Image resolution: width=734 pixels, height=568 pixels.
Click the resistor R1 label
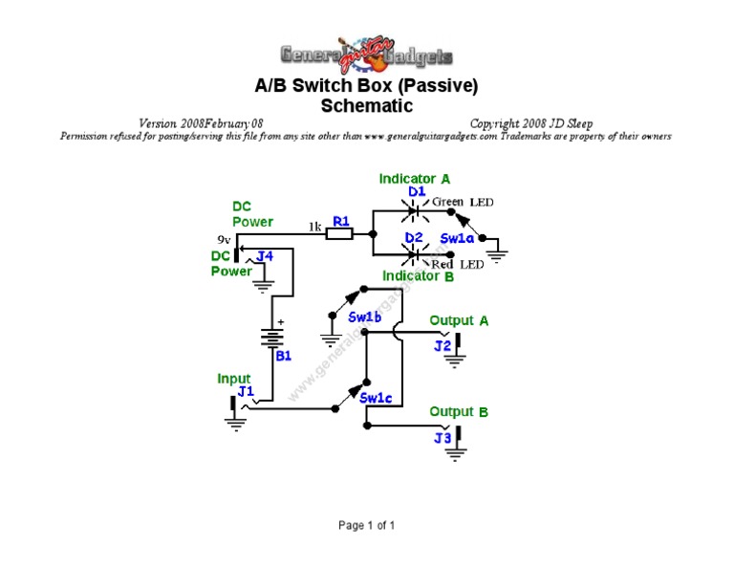coord(340,221)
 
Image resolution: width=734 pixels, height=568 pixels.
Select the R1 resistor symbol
coord(340,233)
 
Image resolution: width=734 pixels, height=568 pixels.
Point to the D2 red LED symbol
coord(415,254)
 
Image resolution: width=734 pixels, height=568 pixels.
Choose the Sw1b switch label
coord(365,317)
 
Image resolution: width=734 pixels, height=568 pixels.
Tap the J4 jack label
coord(265,255)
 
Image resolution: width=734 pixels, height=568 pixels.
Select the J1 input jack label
coord(246,391)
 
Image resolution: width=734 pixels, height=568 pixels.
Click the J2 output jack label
coord(443,345)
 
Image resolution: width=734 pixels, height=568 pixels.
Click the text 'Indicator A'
coord(415,179)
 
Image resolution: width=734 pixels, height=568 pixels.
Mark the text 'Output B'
coord(459,412)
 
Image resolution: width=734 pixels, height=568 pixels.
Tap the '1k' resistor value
coord(314,227)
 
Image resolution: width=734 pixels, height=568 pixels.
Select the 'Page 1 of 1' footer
coord(366,525)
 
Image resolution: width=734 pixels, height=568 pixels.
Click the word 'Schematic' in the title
coord(366,106)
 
